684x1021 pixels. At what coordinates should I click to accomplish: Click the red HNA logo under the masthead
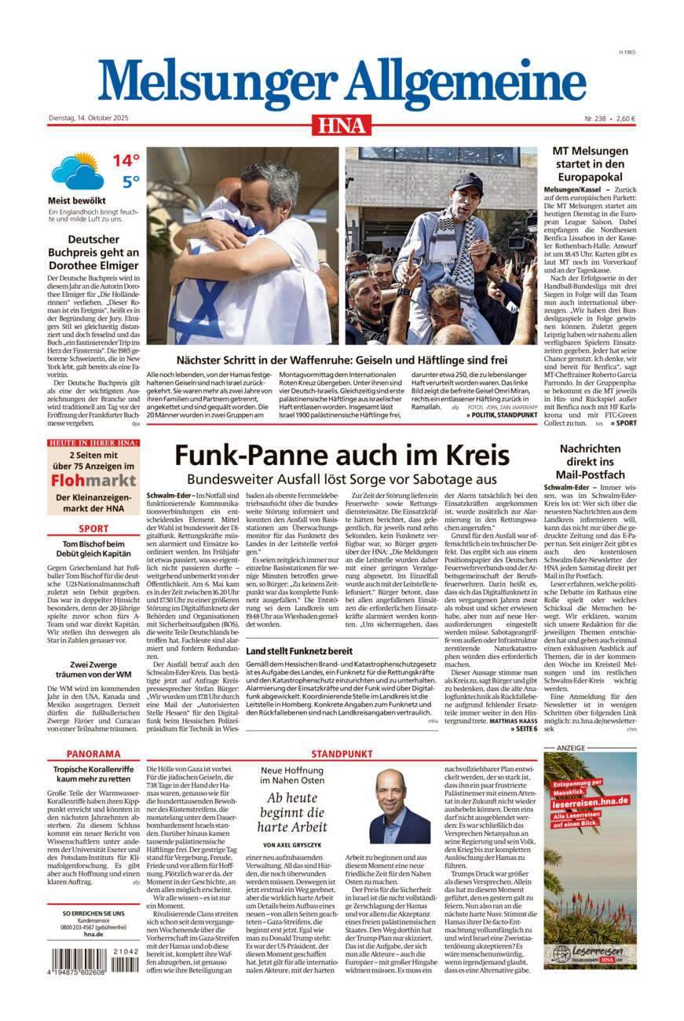click(342, 124)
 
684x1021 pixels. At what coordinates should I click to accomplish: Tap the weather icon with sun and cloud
click(77, 171)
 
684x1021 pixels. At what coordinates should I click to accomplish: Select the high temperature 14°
click(126, 161)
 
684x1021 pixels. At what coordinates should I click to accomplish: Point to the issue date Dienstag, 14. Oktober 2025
click(88, 119)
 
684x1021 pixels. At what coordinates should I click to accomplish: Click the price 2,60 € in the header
click(625, 119)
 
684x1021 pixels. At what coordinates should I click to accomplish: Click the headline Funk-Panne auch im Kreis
click(342, 456)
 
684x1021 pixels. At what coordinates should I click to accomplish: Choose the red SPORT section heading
click(93, 529)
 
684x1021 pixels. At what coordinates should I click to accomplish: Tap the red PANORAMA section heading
click(93, 754)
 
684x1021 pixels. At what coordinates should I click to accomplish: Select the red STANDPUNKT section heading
click(342, 754)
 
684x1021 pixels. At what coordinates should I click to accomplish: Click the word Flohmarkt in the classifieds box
click(93, 480)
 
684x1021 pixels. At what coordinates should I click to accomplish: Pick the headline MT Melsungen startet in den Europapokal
click(591, 164)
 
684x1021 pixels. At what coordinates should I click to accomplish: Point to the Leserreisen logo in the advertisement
click(590, 953)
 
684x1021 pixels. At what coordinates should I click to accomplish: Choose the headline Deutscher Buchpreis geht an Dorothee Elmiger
click(93, 252)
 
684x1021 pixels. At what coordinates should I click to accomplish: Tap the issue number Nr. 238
click(594, 119)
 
